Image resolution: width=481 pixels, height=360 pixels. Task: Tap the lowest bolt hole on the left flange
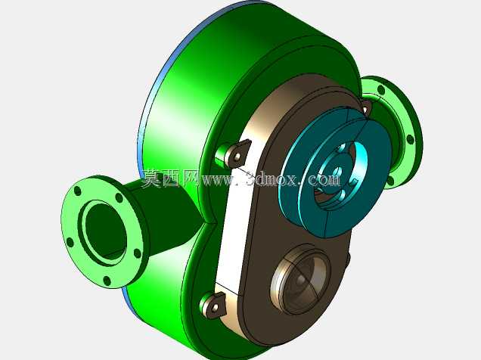pyautogui.click(x=107, y=281)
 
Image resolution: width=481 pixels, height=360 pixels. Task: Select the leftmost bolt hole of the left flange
pyautogui.click(x=70, y=242)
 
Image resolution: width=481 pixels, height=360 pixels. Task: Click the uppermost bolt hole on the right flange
pyautogui.click(x=381, y=90)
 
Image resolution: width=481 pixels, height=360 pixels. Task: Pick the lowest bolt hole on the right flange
pyautogui.click(x=390, y=181)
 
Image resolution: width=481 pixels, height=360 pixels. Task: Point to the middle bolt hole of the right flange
pyautogui.click(x=410, y=139)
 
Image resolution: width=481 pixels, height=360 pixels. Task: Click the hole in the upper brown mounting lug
pyautogui.click(x=237, y=157)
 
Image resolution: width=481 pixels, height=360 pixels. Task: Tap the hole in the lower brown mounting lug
pyautogui.click(x=215, y=306)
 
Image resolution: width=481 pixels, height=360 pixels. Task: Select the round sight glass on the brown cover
pyautogui.click(x=300, y=280)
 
